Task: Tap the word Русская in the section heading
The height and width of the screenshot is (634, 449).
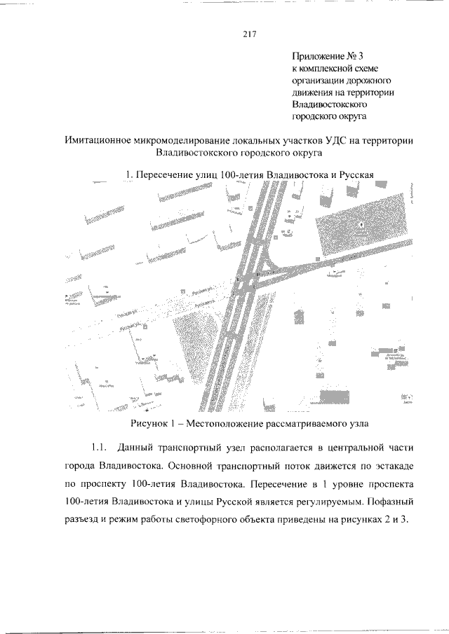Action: [354, 174]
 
